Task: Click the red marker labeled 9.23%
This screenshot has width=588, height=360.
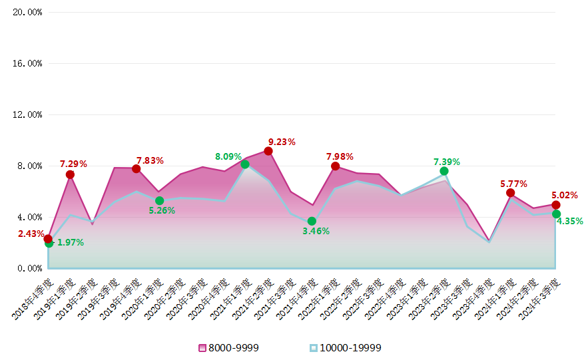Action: pos(268,151)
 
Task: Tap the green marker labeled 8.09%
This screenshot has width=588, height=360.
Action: pos(245,164)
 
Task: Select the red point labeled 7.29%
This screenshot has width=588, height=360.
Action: pos(70,174)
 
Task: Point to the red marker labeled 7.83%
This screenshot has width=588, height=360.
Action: pos(136,169)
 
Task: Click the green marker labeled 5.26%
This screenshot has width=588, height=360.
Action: pos(159,200)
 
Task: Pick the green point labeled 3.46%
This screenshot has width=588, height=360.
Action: pos(312,221)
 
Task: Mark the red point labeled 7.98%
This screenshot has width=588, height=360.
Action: pos(335,166)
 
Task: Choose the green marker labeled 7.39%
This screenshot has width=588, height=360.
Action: pos(444,171)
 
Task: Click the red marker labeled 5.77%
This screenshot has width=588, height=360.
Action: pos(510,193)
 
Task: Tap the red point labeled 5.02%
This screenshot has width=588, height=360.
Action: pos(555,204)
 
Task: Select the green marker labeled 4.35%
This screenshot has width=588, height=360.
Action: pos(556,214)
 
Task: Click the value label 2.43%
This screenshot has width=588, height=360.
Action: pos(31,234)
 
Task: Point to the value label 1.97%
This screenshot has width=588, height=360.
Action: pos(71,243)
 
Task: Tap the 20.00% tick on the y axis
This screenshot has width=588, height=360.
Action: pos(27,12)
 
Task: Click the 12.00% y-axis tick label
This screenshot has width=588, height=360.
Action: pos(27,114)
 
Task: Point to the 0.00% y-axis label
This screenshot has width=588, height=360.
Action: pos(29,268)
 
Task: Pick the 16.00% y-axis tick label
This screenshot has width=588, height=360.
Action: pos(27,63)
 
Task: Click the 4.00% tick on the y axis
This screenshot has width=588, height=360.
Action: pos(29,217)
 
